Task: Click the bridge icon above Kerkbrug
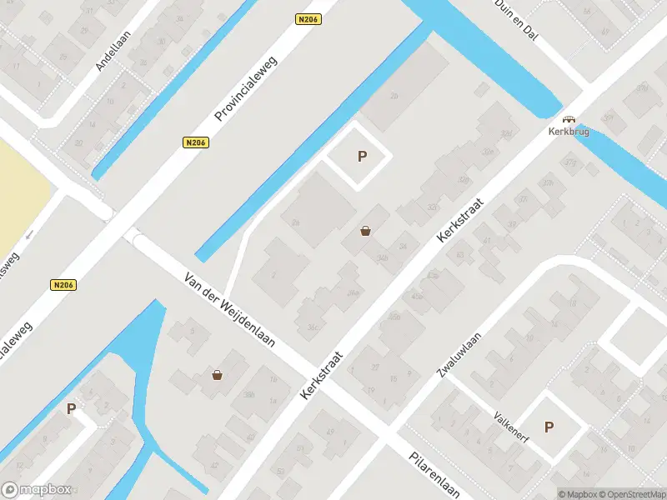pyautogui.click(x=569, y=119)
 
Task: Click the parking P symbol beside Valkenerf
pyautogui.click(x=549, y=427)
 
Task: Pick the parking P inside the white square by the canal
pyautogui.click(x=362, y=156)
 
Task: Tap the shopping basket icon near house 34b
pyautogui.click(x=365, y=231)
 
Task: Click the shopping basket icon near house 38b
pyautogui.click(x=218, y=375)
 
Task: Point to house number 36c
pyautogui.click(x=312, y=326)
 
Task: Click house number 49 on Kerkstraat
pyautogui.click(x=328, y=431)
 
